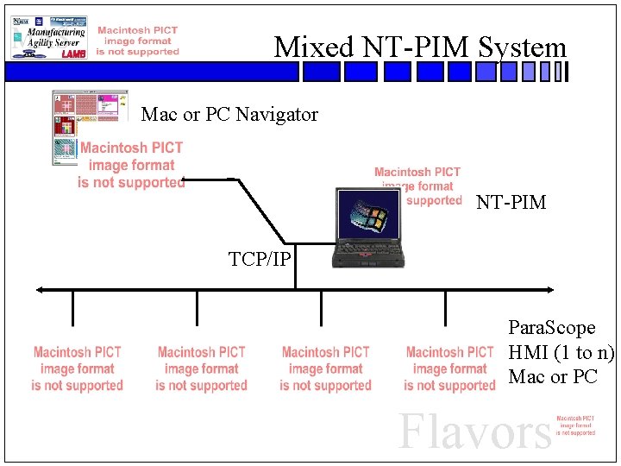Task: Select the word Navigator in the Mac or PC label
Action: click(x=277, y=114)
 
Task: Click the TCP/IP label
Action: click(x=260, y=259)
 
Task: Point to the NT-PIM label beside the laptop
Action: click(x=511, y=203)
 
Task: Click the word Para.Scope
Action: click(x=552, y=328)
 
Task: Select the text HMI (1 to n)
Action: click(x=561, y=352)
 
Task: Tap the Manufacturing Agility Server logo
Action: click(x=48, y=37)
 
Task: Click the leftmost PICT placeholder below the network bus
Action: click(x=78, y=368)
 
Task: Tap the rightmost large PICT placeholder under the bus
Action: click(x=449, y=368)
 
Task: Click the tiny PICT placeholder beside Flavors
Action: click(x=575, y=425)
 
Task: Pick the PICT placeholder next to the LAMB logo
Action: click(x=138, y=41)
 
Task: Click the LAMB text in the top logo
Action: click(x=74, y=53)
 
